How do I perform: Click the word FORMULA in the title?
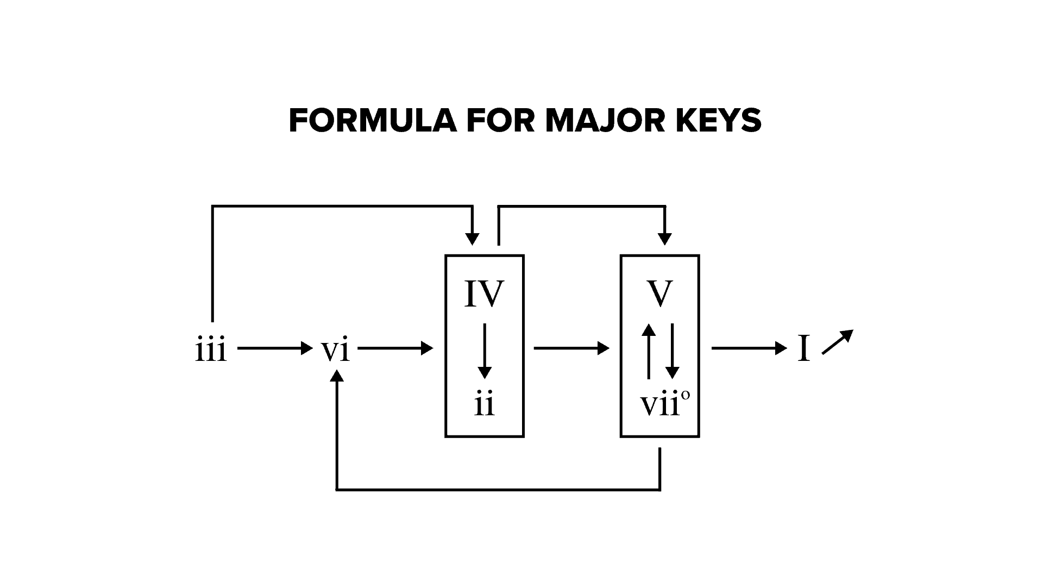tap(372, 121)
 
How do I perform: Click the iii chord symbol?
tap(211, 349)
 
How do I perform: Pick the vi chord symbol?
tap(335, 349)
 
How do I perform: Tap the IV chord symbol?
tap(484, 294)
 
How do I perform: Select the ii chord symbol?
tap(484, 405)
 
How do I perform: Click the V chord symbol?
tap(660, 294)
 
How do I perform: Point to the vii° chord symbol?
tap(665, 405)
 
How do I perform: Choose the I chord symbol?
tap(803, 348)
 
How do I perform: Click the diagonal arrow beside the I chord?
tap(838, 342)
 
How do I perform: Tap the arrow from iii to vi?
tap(275, 348)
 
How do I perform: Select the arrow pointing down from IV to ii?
tap(485, 351)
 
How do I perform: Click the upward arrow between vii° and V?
tap(648, 351)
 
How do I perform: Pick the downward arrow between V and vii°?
tap(672, 351)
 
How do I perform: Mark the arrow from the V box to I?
tap(749, 348)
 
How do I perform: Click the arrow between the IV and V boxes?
tap(571, 348)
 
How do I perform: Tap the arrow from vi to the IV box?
tap(395, 348)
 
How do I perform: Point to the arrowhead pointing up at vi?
tap(337, 376)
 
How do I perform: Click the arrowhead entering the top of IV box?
tap(473, 239)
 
